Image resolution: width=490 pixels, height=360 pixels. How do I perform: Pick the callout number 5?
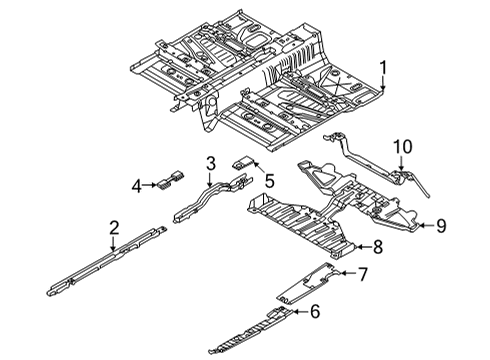(269, 181)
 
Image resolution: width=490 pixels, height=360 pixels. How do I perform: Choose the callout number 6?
(315, 313)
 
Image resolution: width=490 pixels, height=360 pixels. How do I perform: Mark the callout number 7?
(363, 274)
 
